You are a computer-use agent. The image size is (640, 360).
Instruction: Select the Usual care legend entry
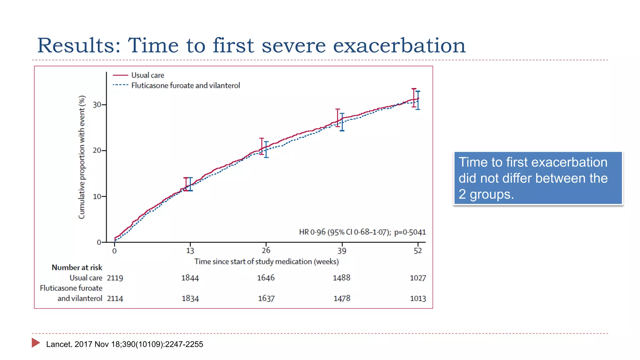tap(147, 75)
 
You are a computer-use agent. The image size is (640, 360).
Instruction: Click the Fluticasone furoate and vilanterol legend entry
tap(185, 86)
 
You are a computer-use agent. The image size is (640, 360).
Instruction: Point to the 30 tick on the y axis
tap(97, 105)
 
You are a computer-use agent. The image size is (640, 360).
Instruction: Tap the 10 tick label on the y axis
tap(97, 197)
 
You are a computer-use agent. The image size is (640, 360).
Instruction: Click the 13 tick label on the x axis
tap(190, 251)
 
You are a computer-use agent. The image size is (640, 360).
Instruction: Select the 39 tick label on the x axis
tap(342, 251)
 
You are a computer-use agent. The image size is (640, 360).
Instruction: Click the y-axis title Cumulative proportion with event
tap(82, 157)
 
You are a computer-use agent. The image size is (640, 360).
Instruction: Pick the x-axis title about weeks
tap(266, 262)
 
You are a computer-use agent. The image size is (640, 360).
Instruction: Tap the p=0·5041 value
tap(410, 232)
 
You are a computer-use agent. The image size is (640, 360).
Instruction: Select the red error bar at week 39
tap(337, 118)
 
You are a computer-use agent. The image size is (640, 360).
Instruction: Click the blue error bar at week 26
tap(266, 149)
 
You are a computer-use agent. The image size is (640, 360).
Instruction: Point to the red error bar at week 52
tap(414, 98)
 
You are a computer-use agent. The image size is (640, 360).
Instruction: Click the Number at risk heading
tap(77, 267)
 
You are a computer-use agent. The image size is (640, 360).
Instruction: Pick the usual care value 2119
tap(115, 278)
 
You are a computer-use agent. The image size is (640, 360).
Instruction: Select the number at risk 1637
tap(266, 298)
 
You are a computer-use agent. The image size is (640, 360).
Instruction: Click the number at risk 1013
tap(417, 298)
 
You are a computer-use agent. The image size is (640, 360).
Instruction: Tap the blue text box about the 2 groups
tap(537, 178)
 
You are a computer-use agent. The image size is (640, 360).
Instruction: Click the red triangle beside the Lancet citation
tap(35, 343)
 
